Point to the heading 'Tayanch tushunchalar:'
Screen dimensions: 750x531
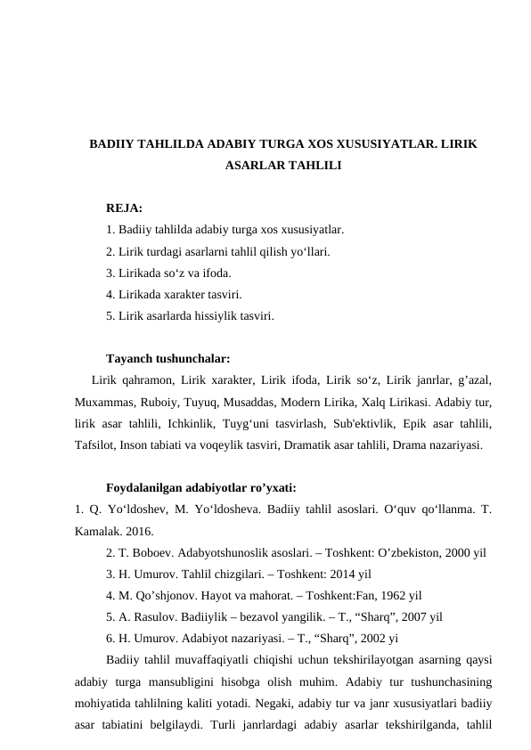tap(167, 359)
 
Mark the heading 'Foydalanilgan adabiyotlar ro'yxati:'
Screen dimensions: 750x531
tap(200, 488)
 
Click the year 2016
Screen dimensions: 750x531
tap(135, 532)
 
